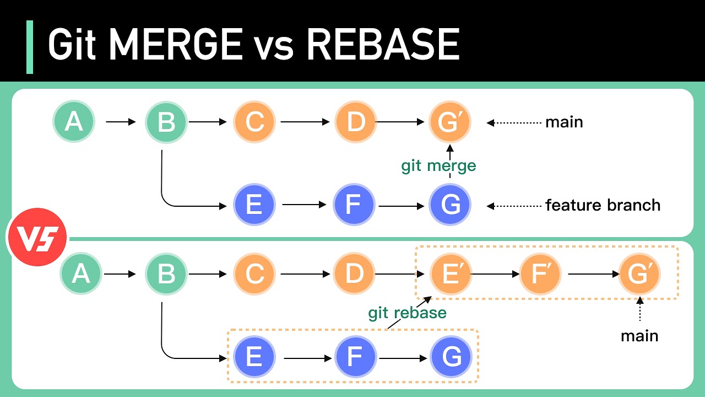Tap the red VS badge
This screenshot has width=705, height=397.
[x=36, y=238]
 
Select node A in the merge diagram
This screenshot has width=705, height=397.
[x=74, y=122]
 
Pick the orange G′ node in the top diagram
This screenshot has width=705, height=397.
[x=450, y=122]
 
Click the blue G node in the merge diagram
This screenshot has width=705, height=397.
[x=451, y=205]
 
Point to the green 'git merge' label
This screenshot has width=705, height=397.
[x=438, y=165]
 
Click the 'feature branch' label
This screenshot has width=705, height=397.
[x=603, y=205]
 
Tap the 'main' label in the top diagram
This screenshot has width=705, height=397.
[x=564, y=122]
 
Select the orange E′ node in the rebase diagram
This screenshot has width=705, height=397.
[x=451, y=273]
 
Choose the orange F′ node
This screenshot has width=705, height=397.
[x=540, y=273]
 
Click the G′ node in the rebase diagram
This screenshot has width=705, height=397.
[x=639, y=273]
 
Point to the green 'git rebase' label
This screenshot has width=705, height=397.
[x=407, y=313]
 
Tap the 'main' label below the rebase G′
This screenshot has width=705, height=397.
[x=639, y=336]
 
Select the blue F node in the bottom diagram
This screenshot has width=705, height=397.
[x=355, y=357]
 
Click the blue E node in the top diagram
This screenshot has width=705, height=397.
[x=254, y=205]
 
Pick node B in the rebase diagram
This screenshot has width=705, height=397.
[x=166, y=273]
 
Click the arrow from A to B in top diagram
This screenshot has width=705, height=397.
[x=120, y=122]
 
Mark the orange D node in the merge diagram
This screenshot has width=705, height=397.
[x=356, y=122]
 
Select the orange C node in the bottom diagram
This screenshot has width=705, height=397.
[x=254, y=273]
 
